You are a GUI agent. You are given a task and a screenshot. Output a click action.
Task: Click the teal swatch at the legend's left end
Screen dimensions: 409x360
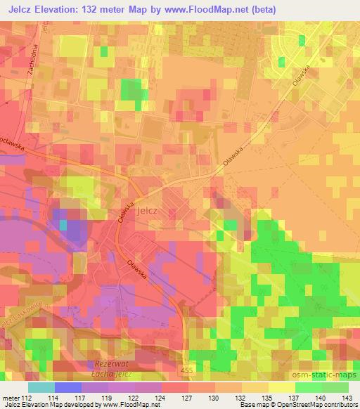[41, 387]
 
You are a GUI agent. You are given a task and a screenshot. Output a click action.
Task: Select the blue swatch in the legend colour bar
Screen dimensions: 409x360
[67, 387]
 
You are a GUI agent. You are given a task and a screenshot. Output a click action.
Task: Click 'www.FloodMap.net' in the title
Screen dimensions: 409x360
[210, 9]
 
